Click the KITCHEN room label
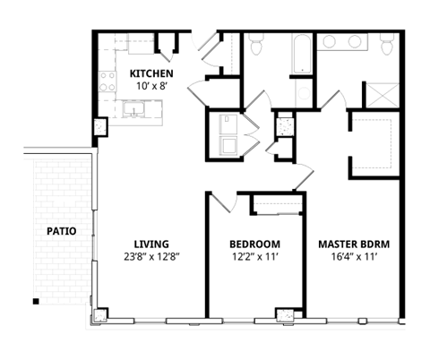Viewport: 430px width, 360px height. click(x=150, y=73)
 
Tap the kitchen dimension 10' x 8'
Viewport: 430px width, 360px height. click(x=150, y=86)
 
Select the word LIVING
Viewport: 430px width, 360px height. click(x=150, y=244)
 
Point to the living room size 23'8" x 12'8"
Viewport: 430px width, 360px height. click(x=150, y=258)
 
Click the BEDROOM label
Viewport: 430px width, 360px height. click(x=254, y=244)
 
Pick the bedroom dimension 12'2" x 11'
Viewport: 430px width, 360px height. click(x=254, y=258)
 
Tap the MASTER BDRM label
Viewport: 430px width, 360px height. click(x=354, y=244)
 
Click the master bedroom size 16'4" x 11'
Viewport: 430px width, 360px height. click(x=354, y=258)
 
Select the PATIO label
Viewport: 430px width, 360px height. click(x=62, y=231)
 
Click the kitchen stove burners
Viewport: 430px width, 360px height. click(x=107, y=83)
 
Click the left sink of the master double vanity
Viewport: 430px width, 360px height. click(x=329, y=42)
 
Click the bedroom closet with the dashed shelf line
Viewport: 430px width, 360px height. click(x=277, y=204)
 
